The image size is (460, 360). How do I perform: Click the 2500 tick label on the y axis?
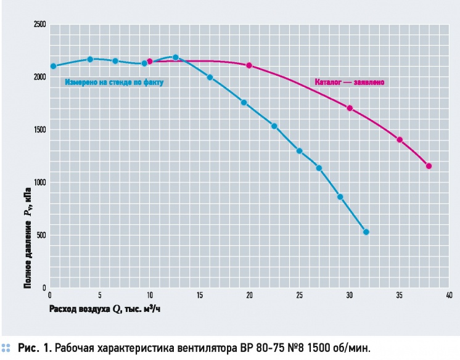point(40,25)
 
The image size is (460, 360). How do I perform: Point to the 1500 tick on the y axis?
point(40,129)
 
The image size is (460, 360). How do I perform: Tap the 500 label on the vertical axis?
point(41,235)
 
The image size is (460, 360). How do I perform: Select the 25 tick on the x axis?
point(299,295)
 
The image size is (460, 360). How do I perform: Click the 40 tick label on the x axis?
point(449,295)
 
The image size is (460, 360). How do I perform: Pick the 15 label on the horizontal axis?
point(200,295)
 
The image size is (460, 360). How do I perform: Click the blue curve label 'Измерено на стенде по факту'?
point(114,83)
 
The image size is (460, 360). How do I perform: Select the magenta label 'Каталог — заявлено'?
point(350,82)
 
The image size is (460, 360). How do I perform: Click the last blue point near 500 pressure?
point(366,232)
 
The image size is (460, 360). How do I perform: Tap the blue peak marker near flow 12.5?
point(176,57)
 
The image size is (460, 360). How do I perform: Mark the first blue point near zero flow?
point(53,67)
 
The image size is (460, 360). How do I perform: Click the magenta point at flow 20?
point(249,65)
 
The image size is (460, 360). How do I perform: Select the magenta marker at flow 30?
point(350,108)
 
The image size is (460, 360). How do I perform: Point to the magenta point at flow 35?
point(400,140)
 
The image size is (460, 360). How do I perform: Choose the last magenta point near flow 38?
point(429,166)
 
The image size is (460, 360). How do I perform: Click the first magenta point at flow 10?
point(150,61)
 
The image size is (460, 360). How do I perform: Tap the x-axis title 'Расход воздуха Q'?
point(85,309)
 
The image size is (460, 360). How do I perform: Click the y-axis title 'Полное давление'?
point(27,254)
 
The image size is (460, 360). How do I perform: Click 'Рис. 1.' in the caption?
point(35,348)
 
